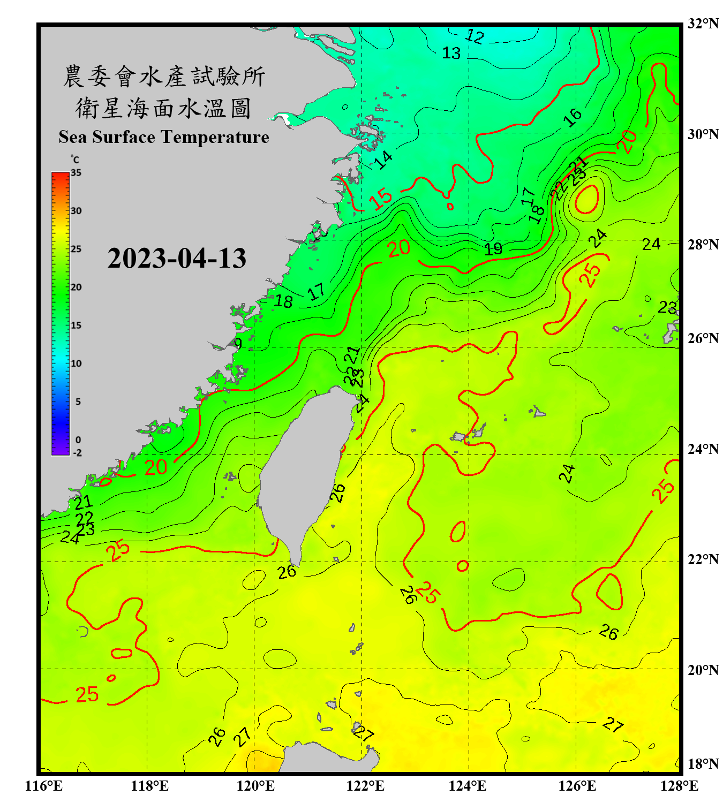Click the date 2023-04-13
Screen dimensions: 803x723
(x=177, y=259)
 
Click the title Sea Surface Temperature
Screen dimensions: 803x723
(x=164, y=137)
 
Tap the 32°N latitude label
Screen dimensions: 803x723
(x=703, y=24)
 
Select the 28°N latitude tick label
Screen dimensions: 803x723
(x=703, y=245)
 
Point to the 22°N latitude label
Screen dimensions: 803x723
(x=703, y=559)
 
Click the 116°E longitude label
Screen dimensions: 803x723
(x=44, y=786)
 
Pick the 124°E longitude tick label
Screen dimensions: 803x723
(x=468, y=786)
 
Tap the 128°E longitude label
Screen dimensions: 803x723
(x=679, y=786)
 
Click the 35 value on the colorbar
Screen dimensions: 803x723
(x=76, y=173)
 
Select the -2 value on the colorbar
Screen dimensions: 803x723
(x=78, y=453)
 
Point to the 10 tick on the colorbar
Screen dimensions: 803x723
(x=76, y=363)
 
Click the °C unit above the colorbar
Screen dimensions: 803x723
(x=75, y=160)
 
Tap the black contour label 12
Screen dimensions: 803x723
(x=475, y=36)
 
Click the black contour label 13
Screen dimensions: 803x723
(x=451, y=53)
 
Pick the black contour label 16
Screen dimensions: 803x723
(x=573, y=116)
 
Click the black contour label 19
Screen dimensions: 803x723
(x=493, y=248)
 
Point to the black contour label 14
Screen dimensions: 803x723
(x=383, y=160)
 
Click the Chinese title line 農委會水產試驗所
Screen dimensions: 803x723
(x=164, y=77)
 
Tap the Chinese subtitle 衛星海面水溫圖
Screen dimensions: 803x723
(x=164, y=108)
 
